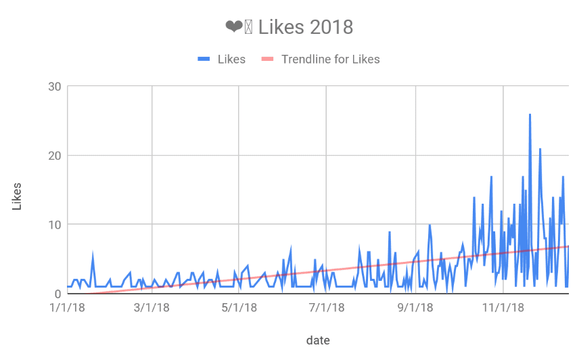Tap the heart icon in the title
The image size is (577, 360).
tap(233, 27)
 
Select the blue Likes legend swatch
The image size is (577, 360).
tap(204, 60)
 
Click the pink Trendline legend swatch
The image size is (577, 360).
tap(267, 60)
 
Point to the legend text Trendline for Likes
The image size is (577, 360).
tap(330, 60)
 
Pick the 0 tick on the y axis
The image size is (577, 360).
tap(57, 294)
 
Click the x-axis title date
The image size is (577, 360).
tap(318, 340)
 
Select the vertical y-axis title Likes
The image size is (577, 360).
tap(17, 196)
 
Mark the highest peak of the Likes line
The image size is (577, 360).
tap(530, 115)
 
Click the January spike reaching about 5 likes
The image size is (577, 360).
tap(93, 256)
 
